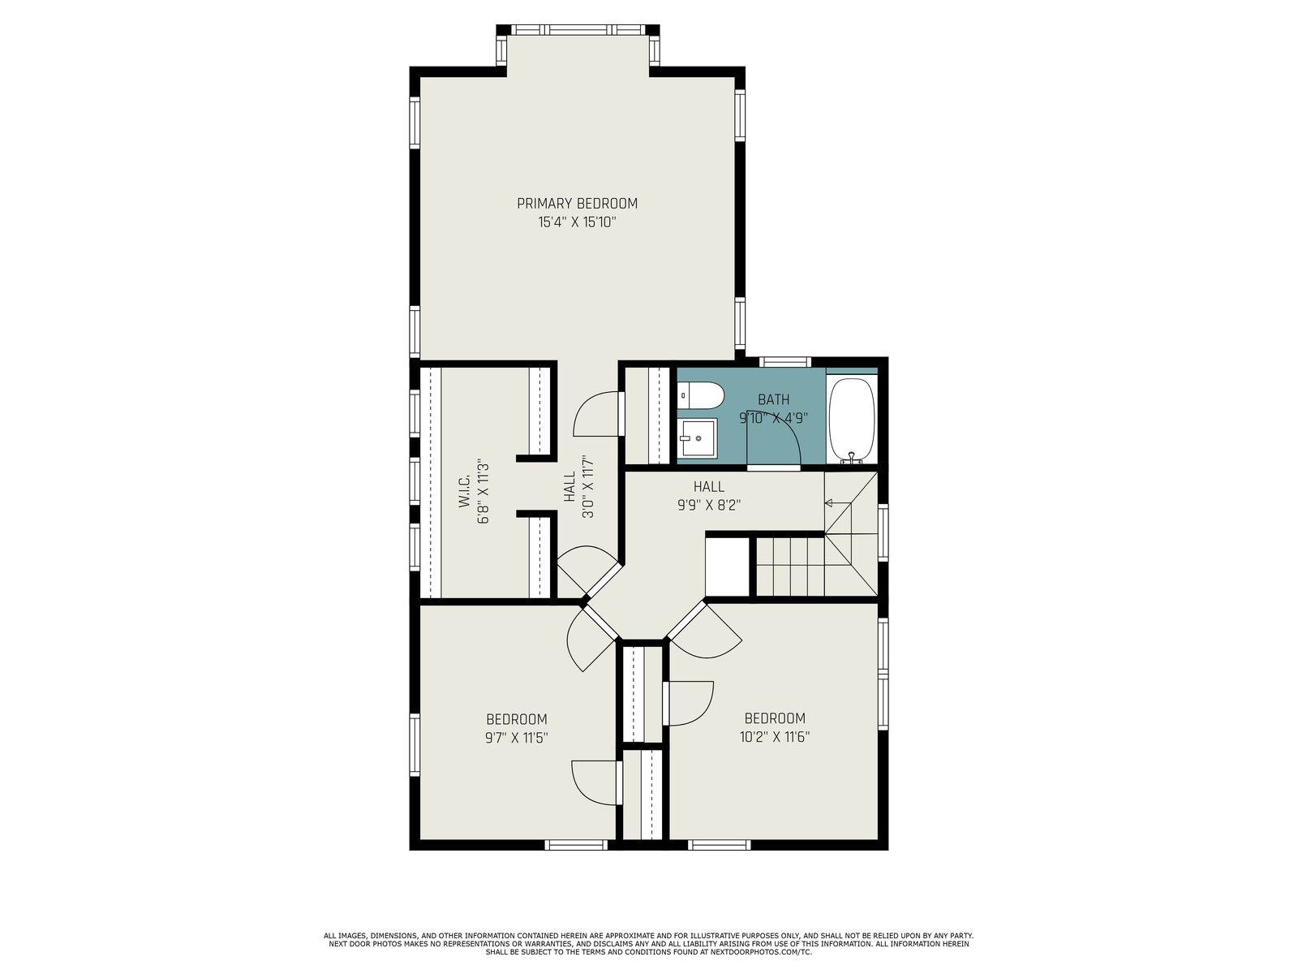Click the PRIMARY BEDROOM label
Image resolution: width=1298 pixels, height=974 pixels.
point(577,204)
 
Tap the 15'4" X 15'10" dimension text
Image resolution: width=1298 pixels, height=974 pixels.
point(577,222)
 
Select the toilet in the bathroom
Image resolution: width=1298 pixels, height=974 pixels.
point(700,395)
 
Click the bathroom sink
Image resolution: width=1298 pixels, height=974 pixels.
point(697,438)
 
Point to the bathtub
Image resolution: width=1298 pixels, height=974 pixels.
point(851,420)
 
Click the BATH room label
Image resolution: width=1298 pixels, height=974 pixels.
point(773,400)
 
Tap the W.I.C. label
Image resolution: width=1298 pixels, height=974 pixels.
point(463,489)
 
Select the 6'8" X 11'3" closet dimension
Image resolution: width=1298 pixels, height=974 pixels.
point(484,491)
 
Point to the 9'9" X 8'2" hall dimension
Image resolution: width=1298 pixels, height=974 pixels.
point(709,505)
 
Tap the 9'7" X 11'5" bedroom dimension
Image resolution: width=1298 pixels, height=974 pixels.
point(516,738)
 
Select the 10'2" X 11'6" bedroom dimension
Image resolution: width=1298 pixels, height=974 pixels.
point(774,737)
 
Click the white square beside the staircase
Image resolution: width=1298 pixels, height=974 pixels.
point(728,567)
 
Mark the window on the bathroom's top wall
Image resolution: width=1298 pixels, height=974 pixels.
point(784,362)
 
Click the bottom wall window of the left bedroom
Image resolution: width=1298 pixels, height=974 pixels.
point(575,845)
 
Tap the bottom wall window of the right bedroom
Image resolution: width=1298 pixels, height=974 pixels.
point(719,845)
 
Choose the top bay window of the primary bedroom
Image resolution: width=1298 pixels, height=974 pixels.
point(578,29)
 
